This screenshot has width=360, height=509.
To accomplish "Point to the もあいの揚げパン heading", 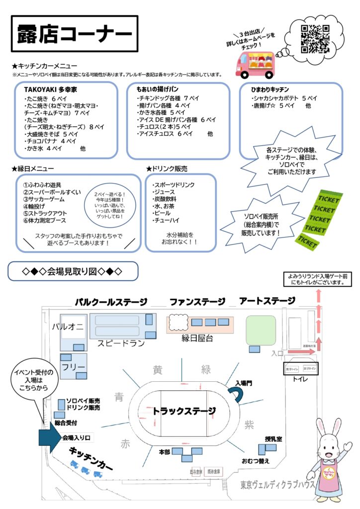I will point(159,89).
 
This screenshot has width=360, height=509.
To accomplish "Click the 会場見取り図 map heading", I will point(73,271).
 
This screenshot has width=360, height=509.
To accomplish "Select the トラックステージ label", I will point(184,411).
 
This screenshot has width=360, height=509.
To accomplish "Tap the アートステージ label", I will point(267,301).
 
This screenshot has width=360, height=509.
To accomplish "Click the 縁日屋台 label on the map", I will point(198,338).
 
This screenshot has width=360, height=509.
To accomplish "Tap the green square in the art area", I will point(261,331).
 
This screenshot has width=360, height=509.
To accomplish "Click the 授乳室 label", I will point(273,439).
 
